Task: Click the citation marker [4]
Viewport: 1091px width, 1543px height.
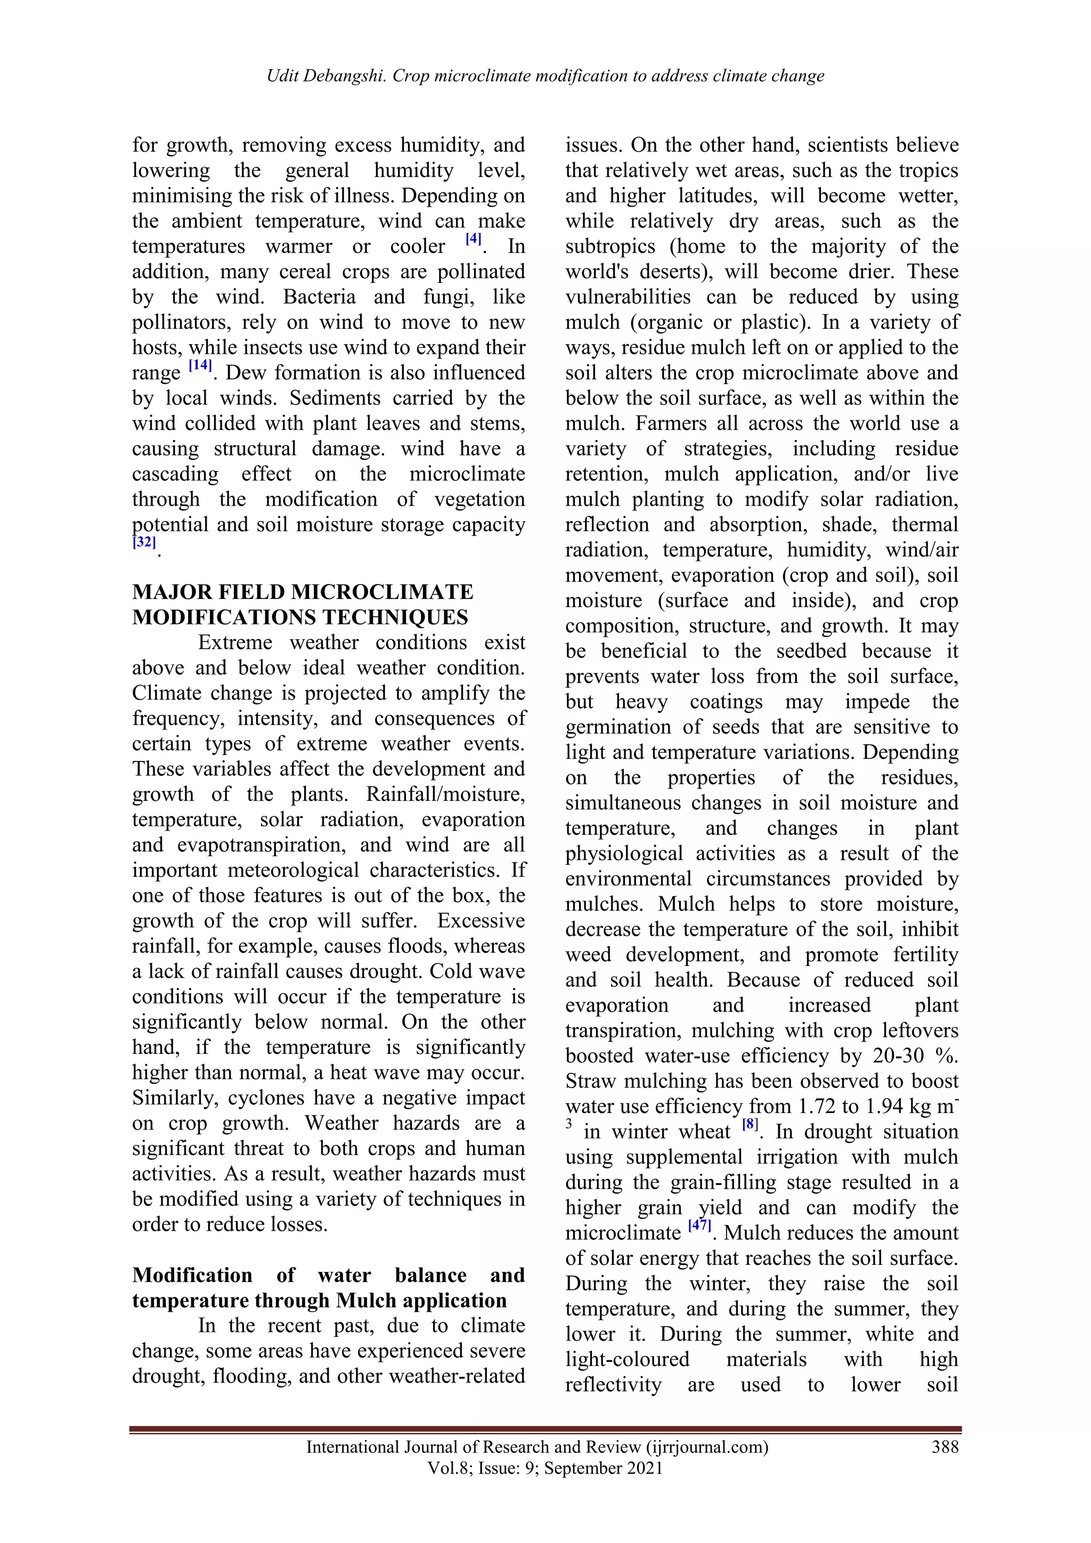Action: [x=474, y=239]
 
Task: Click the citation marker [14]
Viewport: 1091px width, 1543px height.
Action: [x=200, y=366]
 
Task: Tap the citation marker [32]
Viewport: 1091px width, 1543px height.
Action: [x=144, y=542]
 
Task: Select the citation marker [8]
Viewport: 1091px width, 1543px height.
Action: [x=750, y=1124]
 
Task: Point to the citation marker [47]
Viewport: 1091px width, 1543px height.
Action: [x=700, y=1225]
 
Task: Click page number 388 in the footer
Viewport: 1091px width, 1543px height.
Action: [x=945, y=1447]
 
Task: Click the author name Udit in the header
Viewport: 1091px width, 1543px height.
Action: [x=283, y=76]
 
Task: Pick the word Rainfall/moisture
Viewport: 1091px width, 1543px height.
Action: [x=445, y=794]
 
